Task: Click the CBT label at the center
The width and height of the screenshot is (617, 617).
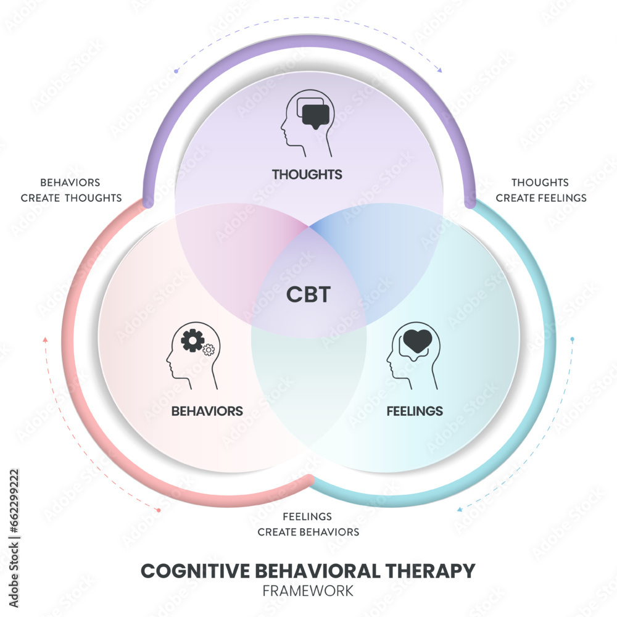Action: (x=308, y=294)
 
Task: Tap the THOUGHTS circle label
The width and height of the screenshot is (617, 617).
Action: (x=307, y=175)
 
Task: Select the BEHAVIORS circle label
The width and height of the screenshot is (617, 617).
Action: (x=207, y=411)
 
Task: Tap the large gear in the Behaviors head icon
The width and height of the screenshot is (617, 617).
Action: (x=193, y=341)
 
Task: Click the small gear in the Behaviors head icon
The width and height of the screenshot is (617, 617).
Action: (x=209, y=350)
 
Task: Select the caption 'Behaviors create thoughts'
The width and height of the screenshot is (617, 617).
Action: (x=71, y=190)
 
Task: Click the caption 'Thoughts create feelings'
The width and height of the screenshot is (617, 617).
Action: (x=540, y=190)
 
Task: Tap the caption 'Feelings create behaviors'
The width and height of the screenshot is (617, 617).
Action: (x=308, y=524)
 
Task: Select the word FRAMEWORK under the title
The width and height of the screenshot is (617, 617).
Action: (x=308, y=590)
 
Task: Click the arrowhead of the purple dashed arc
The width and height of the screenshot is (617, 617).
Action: (x=440, y=71)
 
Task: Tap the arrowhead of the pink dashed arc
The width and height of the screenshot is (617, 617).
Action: (x=44, y=339)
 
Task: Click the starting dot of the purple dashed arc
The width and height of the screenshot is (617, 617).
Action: (x=176, y=72)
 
